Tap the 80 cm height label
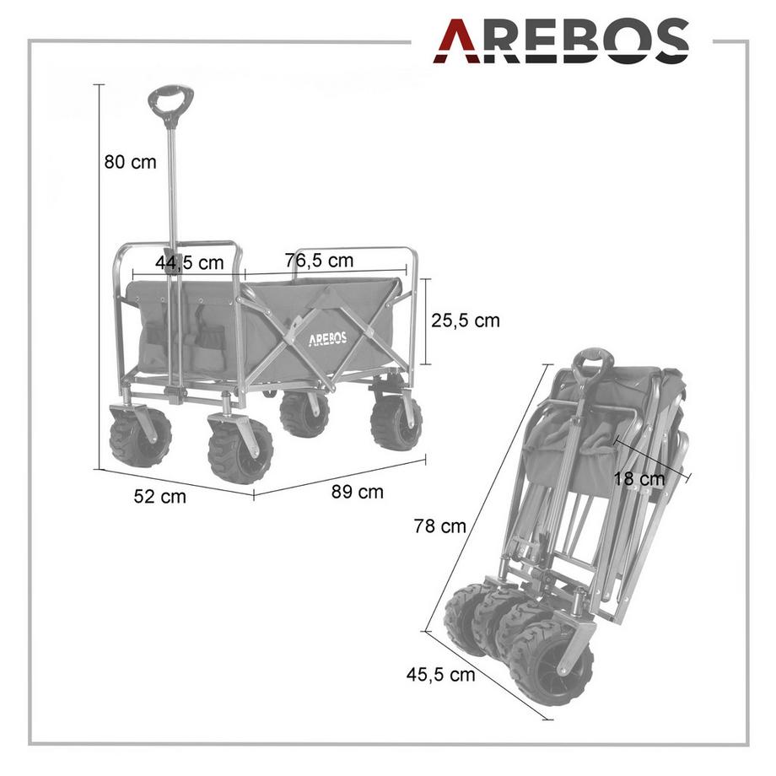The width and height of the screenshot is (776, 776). tap(131, 162)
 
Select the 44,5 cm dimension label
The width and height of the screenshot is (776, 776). tap(190, 262)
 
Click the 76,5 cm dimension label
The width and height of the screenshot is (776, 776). tap(319, 260)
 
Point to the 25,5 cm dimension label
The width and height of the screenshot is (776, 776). tap(466, 321)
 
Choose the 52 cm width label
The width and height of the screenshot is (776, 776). tap(159, 496)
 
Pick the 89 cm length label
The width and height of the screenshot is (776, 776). tap(358, 493)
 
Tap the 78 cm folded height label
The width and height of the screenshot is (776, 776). tap(439, 526)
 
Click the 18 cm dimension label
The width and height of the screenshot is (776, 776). tap(639, 479)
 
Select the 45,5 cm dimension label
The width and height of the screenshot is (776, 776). tap(440, 675)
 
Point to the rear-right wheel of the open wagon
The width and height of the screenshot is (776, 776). tap(396, 422)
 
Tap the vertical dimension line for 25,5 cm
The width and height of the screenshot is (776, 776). tap(426, 321)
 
